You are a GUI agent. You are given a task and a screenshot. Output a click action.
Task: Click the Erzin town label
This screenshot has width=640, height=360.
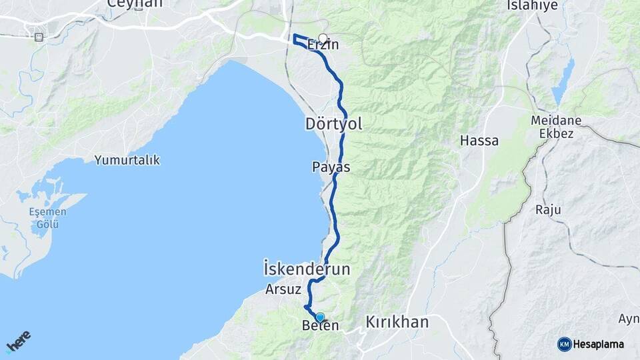323,45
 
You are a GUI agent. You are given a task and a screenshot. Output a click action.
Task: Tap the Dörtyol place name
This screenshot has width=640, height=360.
333,124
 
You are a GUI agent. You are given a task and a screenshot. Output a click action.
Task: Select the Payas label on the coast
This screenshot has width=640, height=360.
331,167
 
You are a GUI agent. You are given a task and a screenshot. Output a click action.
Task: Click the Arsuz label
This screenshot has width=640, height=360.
284,289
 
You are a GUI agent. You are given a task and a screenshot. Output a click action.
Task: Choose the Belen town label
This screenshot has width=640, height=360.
321,326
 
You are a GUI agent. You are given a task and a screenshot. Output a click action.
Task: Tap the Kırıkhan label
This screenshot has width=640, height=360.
397,323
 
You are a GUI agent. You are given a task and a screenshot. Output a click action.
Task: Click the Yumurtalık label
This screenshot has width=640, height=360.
127,160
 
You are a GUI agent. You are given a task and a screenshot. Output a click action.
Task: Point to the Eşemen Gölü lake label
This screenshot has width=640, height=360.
47,218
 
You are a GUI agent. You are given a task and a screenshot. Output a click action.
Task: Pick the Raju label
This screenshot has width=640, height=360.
548,209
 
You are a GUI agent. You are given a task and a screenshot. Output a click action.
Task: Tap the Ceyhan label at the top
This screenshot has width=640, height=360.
135,4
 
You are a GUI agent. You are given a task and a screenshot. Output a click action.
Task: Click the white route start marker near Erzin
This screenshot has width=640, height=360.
323,38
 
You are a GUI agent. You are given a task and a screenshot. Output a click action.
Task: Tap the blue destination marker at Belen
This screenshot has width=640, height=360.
320,317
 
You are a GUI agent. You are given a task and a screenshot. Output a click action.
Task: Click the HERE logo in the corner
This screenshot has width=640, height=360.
18,341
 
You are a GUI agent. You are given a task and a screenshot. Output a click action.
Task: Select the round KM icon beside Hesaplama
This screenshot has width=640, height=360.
564,344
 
